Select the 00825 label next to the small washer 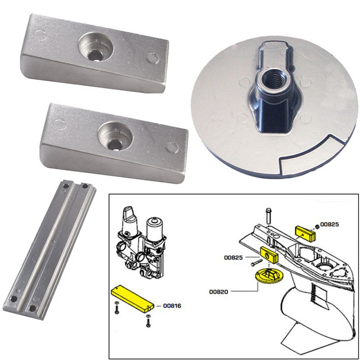(330, 225)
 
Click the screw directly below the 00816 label (148, 320)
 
